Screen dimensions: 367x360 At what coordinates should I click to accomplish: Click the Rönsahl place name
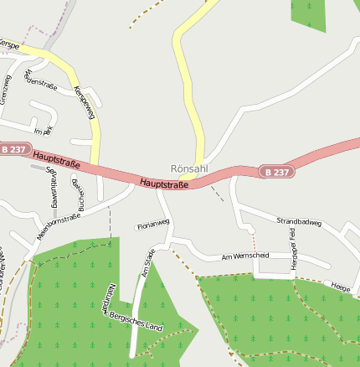coord(188,168)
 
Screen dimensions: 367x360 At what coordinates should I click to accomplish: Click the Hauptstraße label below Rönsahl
coord(163,183)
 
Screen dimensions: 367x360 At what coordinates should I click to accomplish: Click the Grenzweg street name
coord(7,89)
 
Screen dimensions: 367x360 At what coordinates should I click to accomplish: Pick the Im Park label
coord(44,132)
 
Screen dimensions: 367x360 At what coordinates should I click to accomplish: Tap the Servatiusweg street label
coord(51,187)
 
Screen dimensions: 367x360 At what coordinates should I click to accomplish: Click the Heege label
coord(341,286)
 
